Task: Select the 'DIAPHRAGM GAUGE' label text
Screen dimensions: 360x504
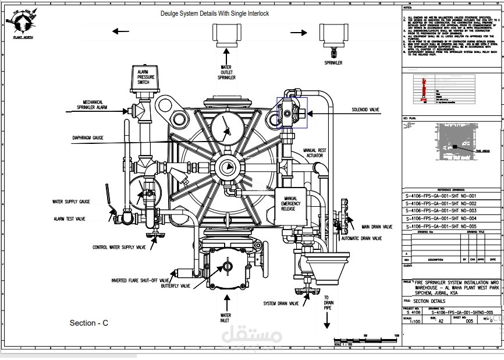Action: (88, 138)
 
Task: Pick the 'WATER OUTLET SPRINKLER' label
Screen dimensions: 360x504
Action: (226, 72)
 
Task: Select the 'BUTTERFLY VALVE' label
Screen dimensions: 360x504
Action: (176, 286)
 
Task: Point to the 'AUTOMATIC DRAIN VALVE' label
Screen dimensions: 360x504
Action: (361, 238)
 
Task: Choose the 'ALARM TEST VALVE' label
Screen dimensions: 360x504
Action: (69, 219)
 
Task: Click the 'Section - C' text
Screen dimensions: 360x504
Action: (89, 323)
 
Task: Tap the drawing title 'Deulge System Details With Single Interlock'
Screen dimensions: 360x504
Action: (214, 13)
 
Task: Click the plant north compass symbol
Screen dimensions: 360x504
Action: (20, 23)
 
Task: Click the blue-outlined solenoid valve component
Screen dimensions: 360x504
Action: (291, 111)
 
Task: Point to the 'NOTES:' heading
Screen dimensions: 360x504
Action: (407, 8)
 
